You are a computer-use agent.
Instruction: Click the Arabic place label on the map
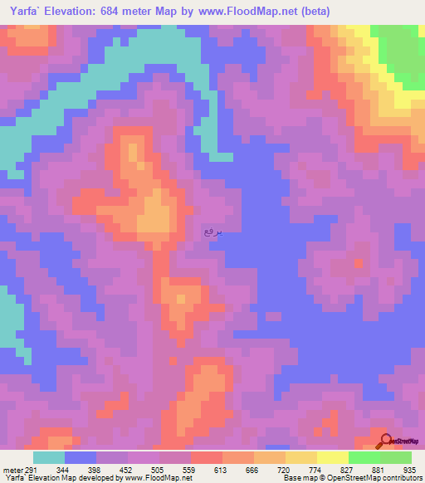coord(213,233)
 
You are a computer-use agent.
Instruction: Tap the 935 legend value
coord(410,469)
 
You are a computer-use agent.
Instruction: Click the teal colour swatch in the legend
coord(49,457)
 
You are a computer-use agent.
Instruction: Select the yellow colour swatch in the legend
coord(333,457)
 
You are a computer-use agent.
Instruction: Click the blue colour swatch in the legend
coord(81,457)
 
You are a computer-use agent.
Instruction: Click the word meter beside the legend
coord(12,469)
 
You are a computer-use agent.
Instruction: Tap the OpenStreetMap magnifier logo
coord(384,442)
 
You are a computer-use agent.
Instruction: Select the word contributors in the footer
coord(402,478)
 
